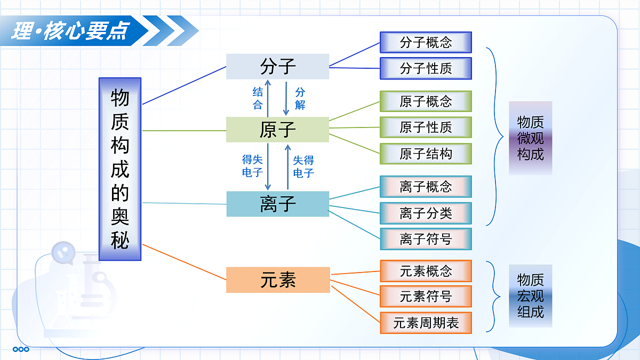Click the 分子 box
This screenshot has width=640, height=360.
277,67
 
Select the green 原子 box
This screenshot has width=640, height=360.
277,130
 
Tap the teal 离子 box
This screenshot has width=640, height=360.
277,204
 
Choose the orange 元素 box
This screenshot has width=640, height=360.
278,280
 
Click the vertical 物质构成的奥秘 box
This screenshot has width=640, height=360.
120,169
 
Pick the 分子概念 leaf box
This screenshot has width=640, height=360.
426,42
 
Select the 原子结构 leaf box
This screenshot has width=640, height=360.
426,154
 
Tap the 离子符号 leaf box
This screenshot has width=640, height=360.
426,239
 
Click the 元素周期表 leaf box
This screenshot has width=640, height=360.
426,323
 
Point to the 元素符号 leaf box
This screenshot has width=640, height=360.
426,297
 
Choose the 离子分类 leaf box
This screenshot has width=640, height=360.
426,213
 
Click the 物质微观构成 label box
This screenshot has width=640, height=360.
530,138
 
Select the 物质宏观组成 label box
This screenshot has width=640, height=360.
530,295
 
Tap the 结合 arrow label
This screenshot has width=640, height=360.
258,98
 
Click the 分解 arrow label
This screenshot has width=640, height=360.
300,98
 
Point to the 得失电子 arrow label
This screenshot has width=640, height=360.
252,166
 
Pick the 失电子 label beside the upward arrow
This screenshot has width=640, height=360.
303,166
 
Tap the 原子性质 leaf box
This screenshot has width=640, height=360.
426,127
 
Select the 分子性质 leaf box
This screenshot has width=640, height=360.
426,68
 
